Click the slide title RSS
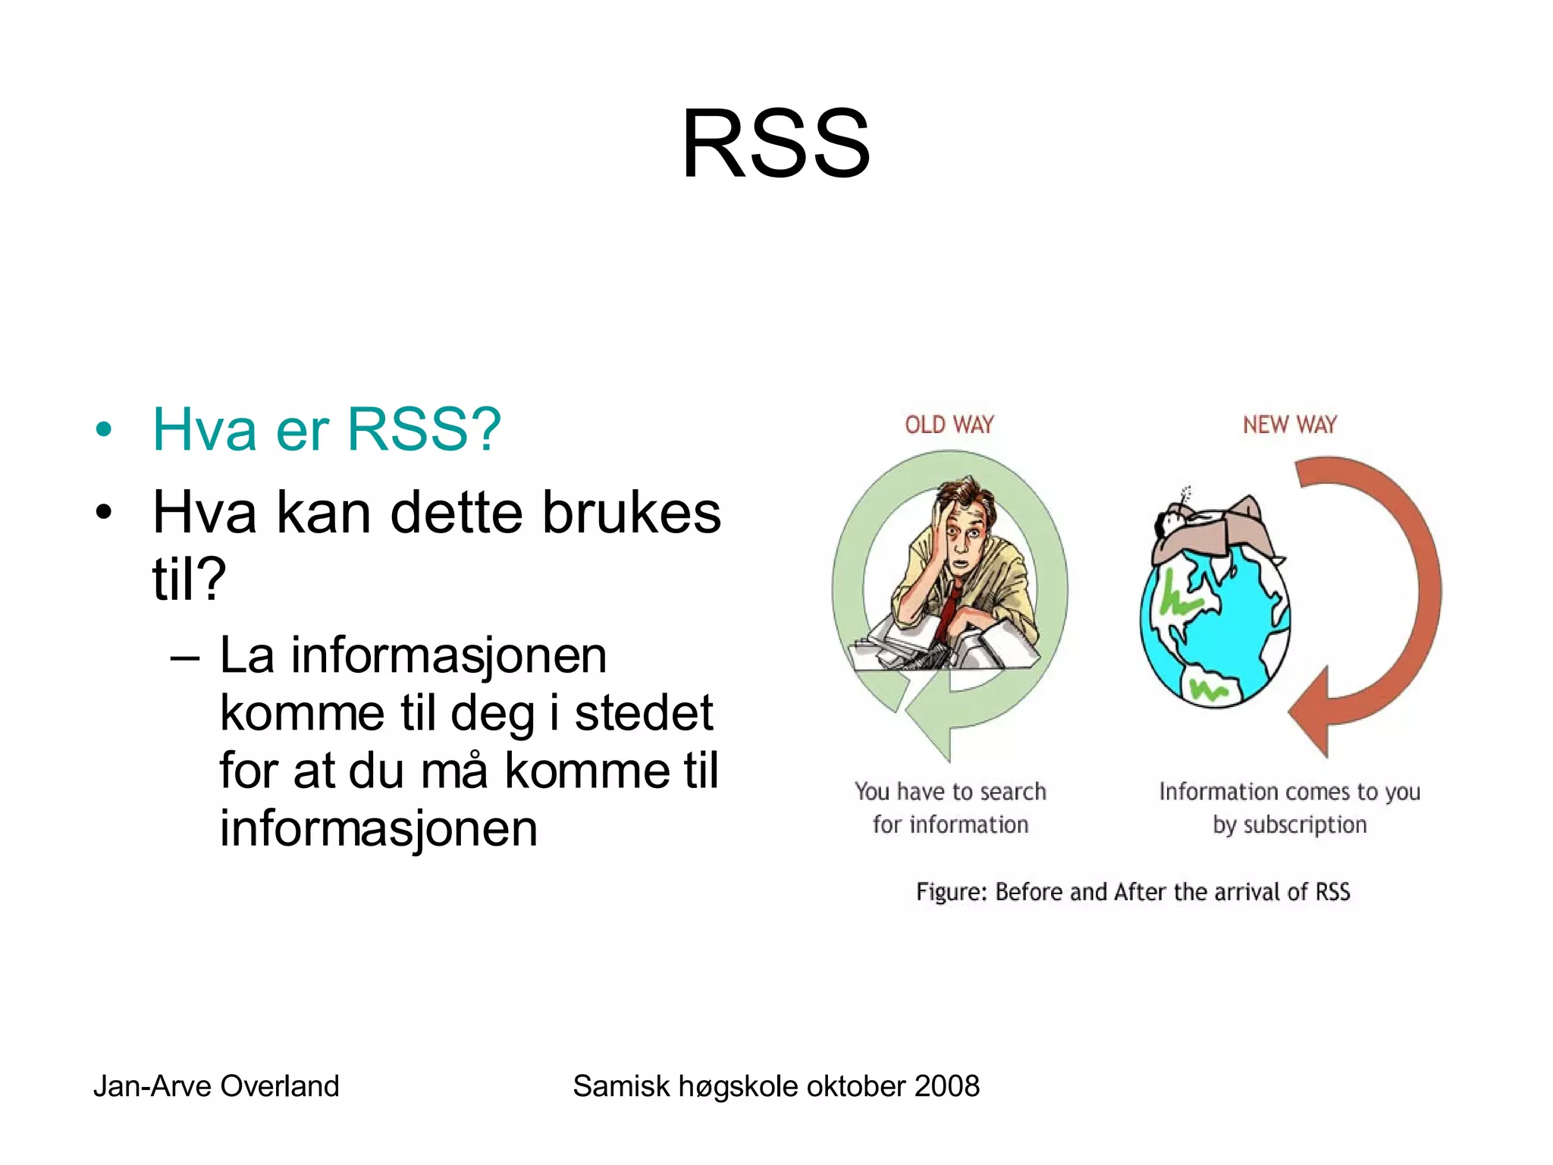tap(776, 144)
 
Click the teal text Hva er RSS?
tap(326, 430)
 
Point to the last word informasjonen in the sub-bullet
tap(378, 828)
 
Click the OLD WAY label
tap(949, 425)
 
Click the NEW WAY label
tap(1289, 425)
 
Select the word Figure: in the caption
tap(951, 892)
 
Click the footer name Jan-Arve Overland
tap(216, 1086)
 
